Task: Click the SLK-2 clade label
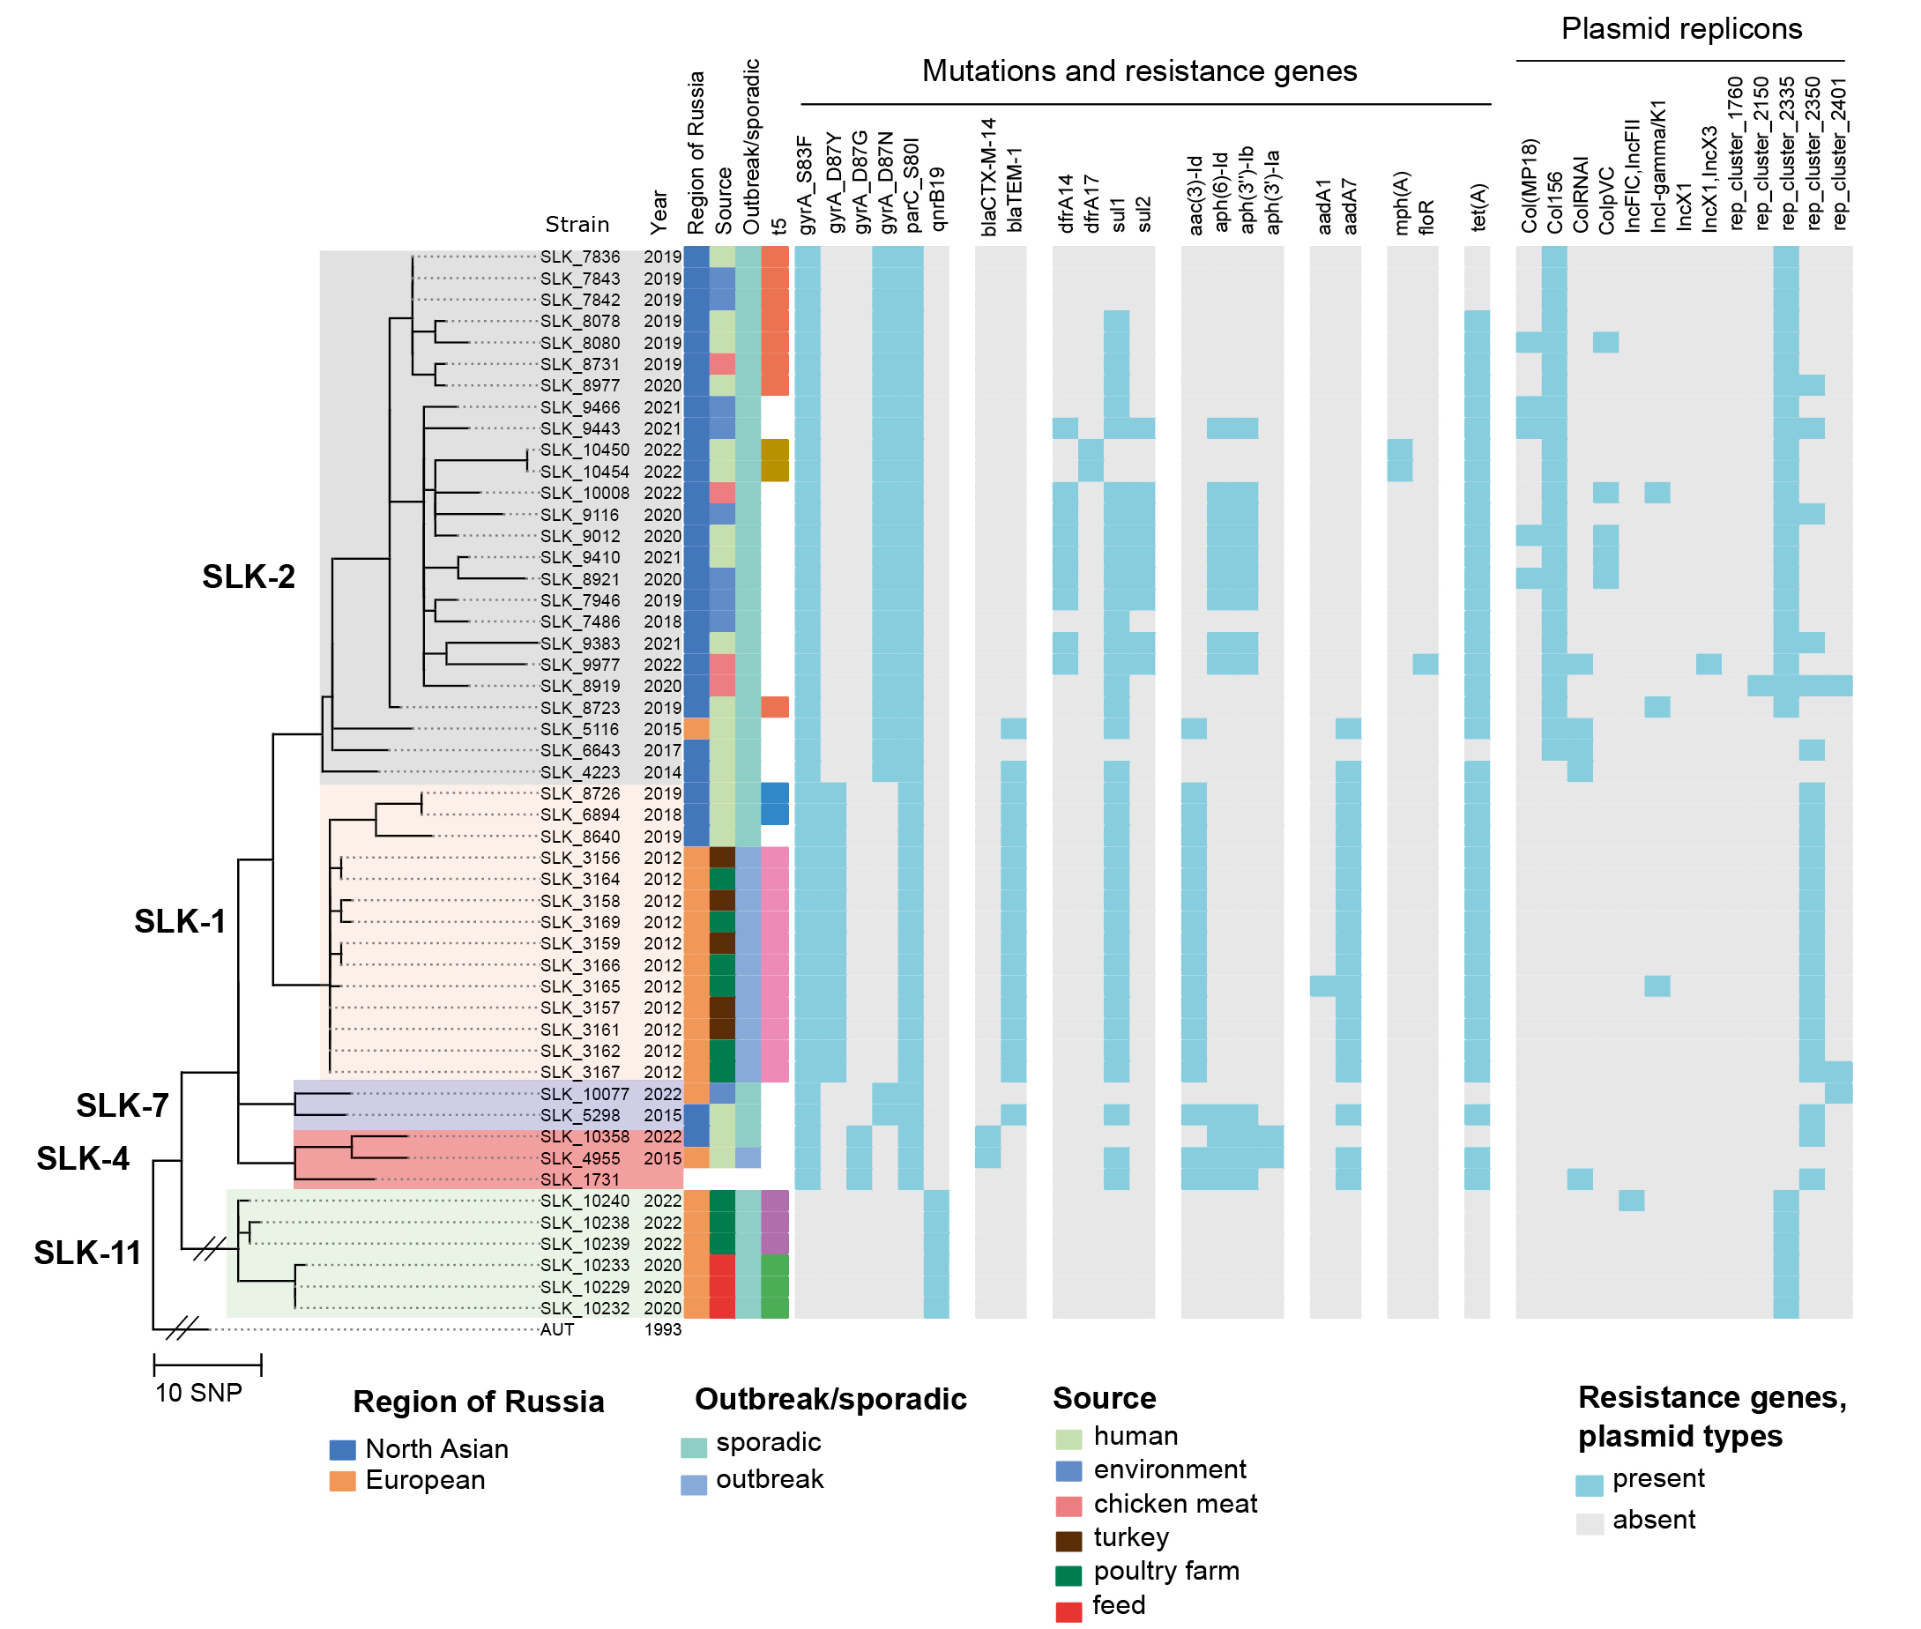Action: [249, 576]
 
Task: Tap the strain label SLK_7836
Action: [580, 257]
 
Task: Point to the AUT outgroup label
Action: [557, 1330]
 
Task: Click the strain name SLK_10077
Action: [584, 1094]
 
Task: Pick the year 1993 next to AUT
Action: [662, 1330]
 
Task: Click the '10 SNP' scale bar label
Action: [198, 1393]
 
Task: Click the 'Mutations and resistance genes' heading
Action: [1139, 71]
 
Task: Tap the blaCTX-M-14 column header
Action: [989, 175]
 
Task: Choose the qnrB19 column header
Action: [937, 198]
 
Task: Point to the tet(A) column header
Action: [1478, 207]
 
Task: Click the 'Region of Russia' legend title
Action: [479, 1402]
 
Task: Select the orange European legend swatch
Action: [343, 1481]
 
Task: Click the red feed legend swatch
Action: [1068, 1610]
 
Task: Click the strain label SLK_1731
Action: [580, 1180]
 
